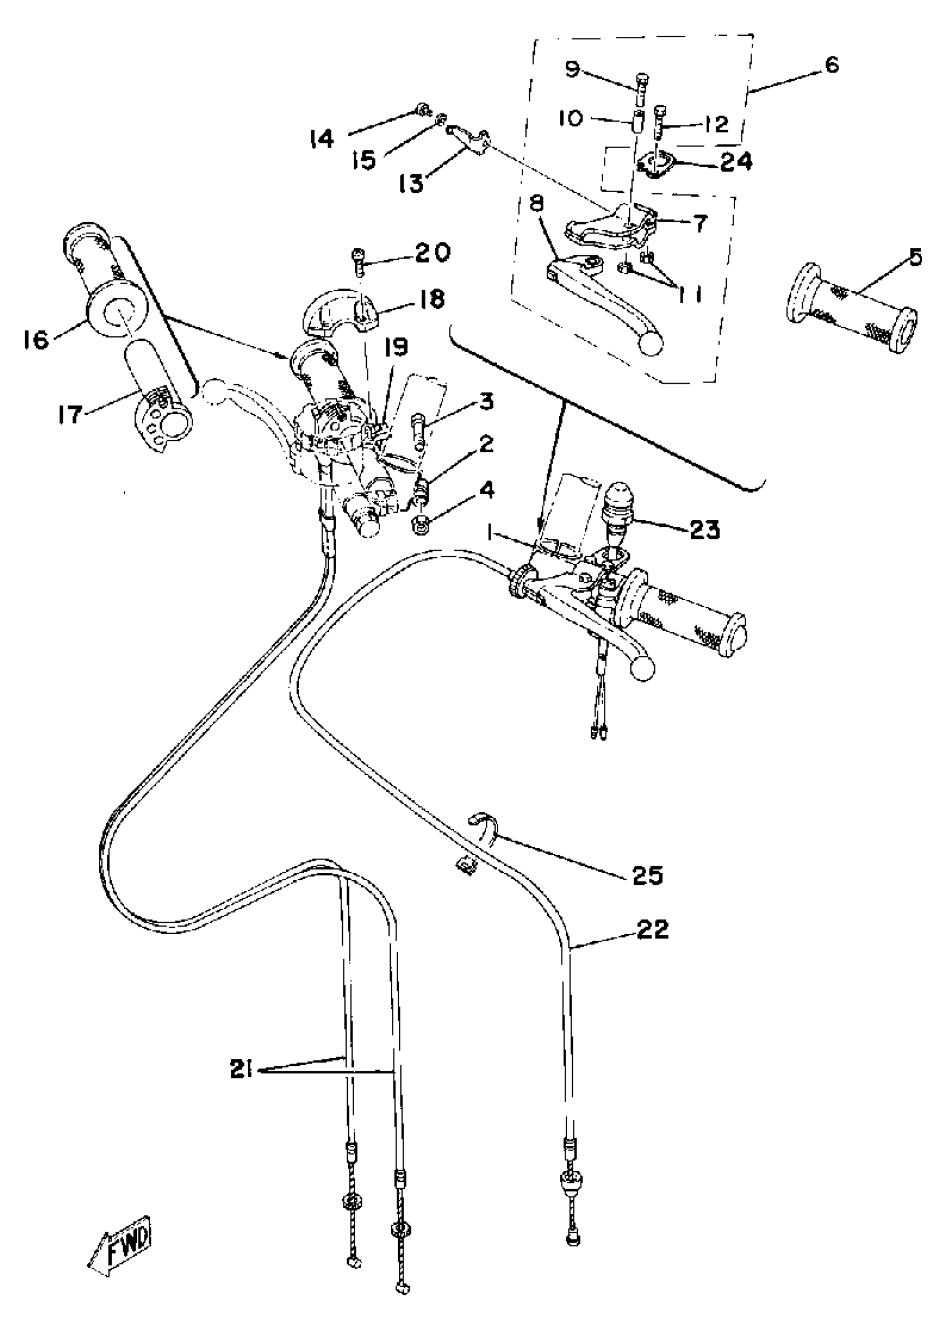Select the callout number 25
click(648, 875)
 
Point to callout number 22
click(652, 929)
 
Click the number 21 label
click(240, 1070)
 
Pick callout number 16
click(36, 339)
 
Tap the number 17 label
click(70, 414)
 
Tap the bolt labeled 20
click(358, 261)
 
